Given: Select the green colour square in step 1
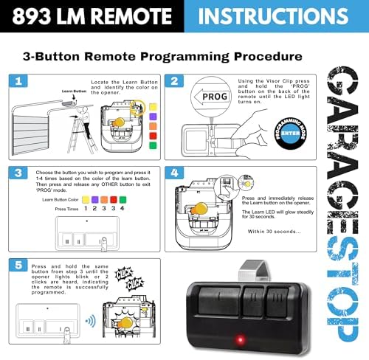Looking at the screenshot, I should click(152, 145).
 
